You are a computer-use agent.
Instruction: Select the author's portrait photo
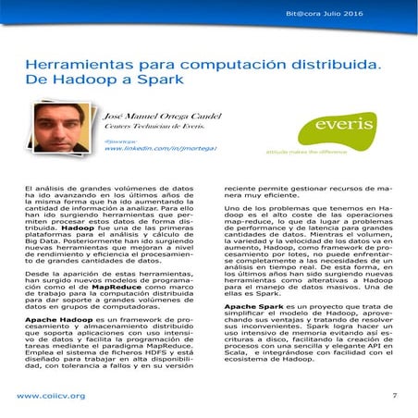[x=62, y=129]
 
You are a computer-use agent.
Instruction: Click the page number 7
[x=394, y=396]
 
